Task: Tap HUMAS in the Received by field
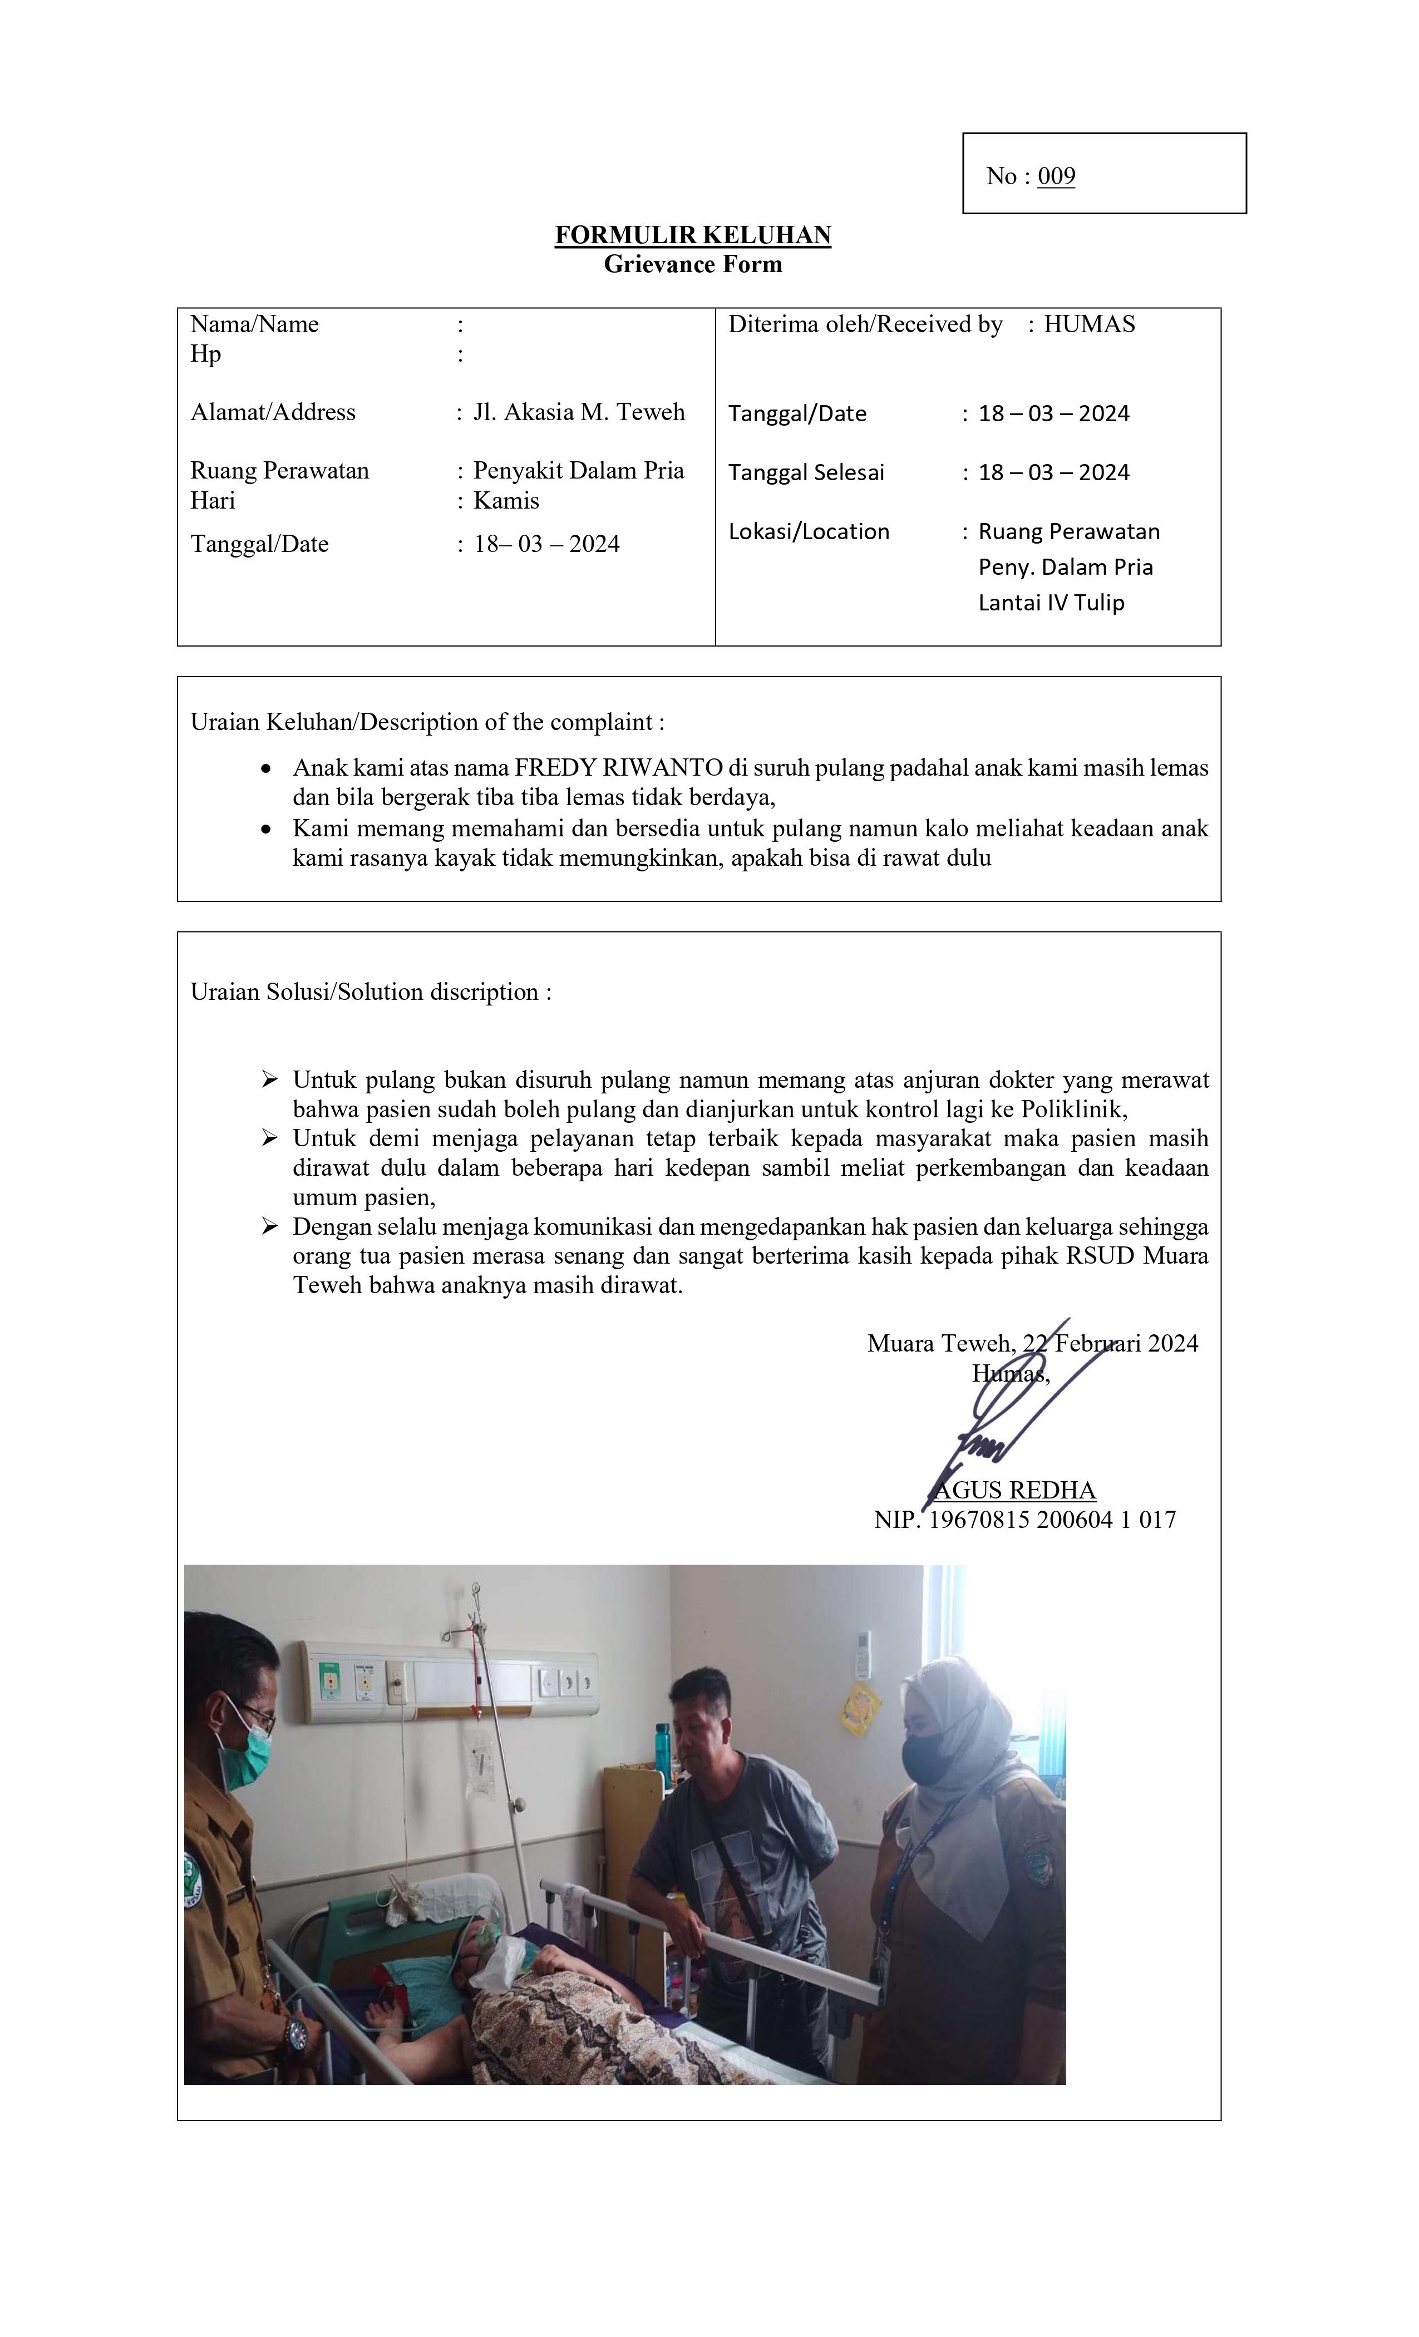tap(1089, 324)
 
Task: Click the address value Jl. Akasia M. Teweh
tap(579, 412)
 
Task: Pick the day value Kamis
tap(506, 501)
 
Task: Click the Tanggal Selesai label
tap(806, 472)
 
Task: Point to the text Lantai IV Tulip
tap(1051, 603)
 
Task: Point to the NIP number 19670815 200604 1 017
tap(1052, 1520)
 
